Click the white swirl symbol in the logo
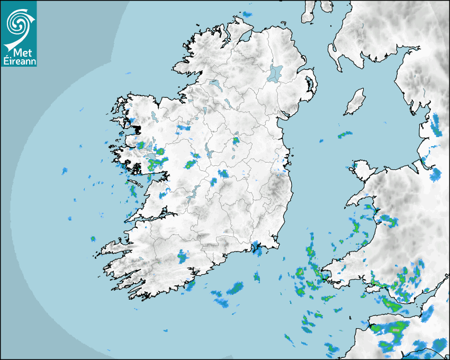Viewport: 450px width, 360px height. [x=17, y=23]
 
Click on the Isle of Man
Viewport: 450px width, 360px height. [x=355, y=102]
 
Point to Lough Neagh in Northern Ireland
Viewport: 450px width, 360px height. [x=275, y=73]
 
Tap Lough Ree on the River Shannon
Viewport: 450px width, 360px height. [x=208, y=150]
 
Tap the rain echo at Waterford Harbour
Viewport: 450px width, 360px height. [x=258, y=250]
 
